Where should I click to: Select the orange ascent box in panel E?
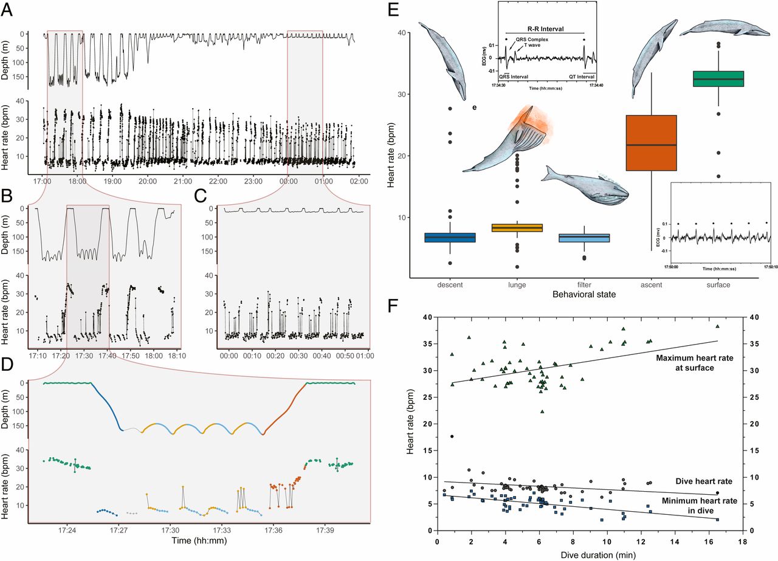tap(651, 143)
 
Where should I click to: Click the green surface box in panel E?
tap(718, 79)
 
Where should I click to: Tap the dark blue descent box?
tap(450, 238)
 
